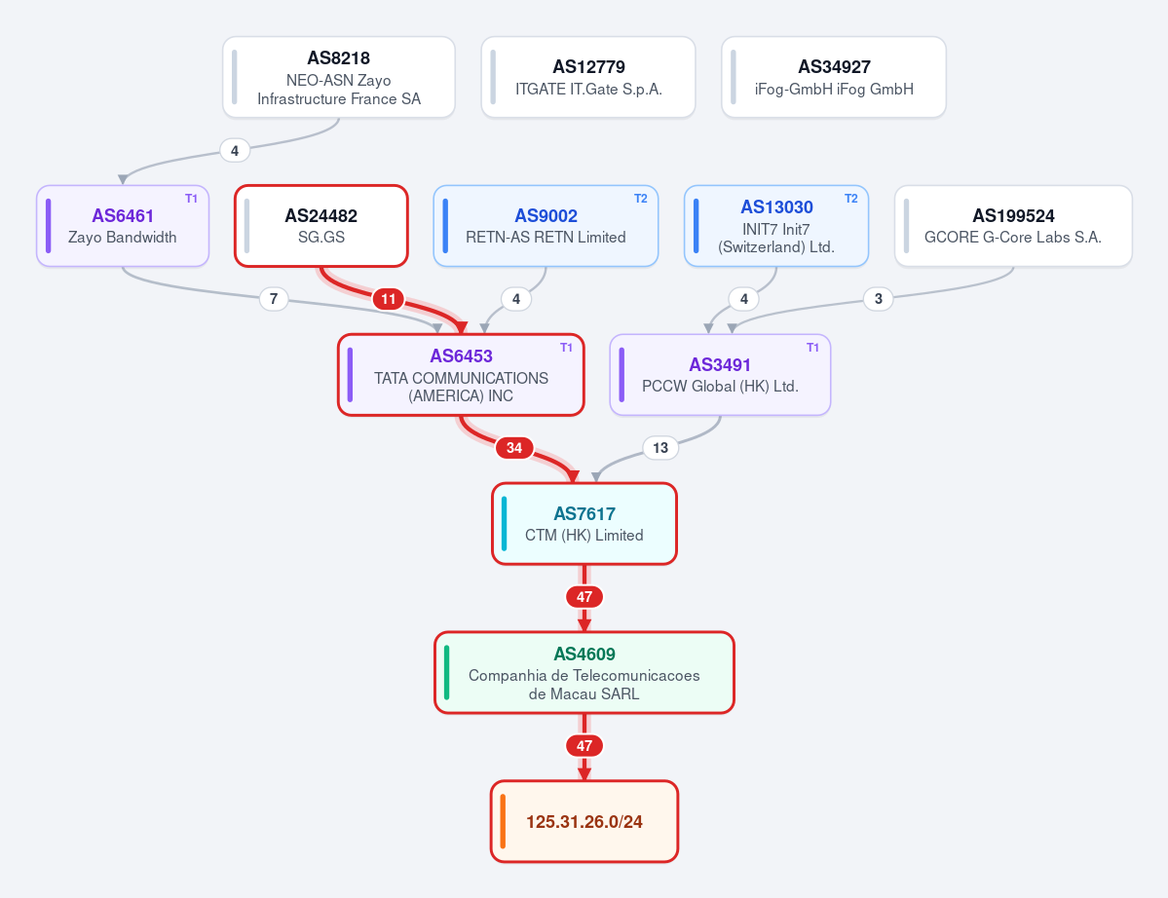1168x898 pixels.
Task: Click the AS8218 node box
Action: (339, 78)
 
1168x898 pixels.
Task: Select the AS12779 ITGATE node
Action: (588, 78)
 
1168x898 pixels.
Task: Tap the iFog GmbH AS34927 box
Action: (834, 78)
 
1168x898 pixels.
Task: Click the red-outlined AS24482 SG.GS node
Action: (321, 226)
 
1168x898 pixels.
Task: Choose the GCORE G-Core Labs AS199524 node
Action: (1013, 226)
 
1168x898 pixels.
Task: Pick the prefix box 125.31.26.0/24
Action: (584, 821)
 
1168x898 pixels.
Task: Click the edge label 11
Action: (388, 299)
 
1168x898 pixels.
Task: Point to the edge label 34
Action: (514, 447)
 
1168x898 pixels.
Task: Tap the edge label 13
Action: (659, 447)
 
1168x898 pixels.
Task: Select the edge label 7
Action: (274, 299)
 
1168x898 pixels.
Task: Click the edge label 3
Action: (879, 299)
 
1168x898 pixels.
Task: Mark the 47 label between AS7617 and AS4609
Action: (584, 596)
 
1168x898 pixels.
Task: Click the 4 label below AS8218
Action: (235, 150)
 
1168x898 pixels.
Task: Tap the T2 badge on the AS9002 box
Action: (641, 198)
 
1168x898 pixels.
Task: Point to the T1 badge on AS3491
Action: (812, 347)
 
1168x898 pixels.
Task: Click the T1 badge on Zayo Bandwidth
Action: (192, 198)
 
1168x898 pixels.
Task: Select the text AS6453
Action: (461, 355)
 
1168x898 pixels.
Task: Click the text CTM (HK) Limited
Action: (584, 535)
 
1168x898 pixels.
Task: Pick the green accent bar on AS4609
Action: (446, 672)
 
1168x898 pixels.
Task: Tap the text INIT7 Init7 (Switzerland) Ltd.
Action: (776, 239)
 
